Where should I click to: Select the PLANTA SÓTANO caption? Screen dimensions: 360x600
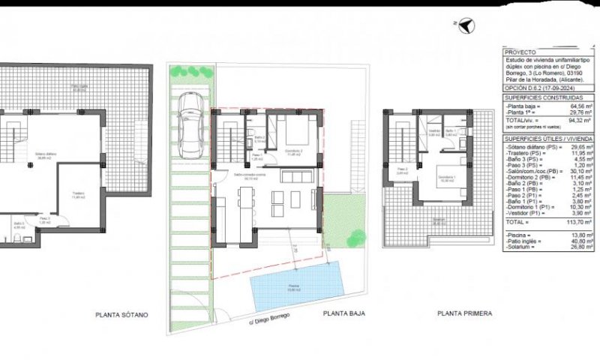(121, 315)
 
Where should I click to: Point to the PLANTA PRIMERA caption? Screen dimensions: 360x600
(465, 314)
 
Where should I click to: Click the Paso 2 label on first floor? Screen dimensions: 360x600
(402, 169)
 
